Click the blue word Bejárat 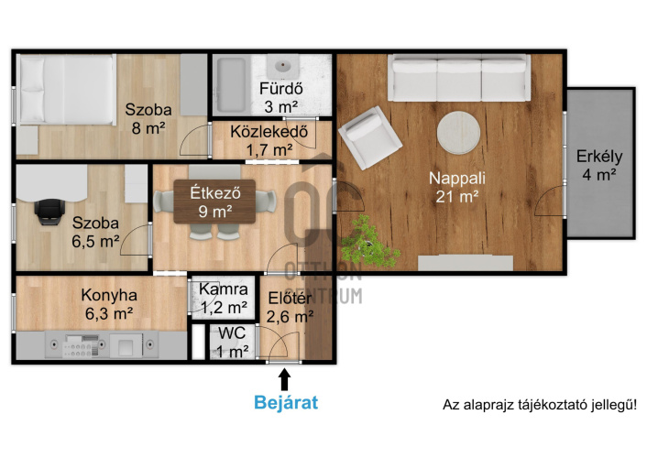[x=286, y=402]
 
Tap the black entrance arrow [x=284, y=379]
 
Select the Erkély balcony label [x=599, y=166]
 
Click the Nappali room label [x=457, y=188]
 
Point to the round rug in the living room [x=458, y=133]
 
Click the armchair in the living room [x=370, y=137]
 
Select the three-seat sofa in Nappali [x=459, y=78]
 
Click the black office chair [x=49, y=212]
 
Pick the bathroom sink [x=282, y=67]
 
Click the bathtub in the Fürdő [x=231, y=84]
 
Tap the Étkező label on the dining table [x=215, y=192]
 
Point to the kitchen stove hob [x=82, y=345]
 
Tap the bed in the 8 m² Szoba [x=66, y=90]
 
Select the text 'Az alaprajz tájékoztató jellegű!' [x=539, y=404]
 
